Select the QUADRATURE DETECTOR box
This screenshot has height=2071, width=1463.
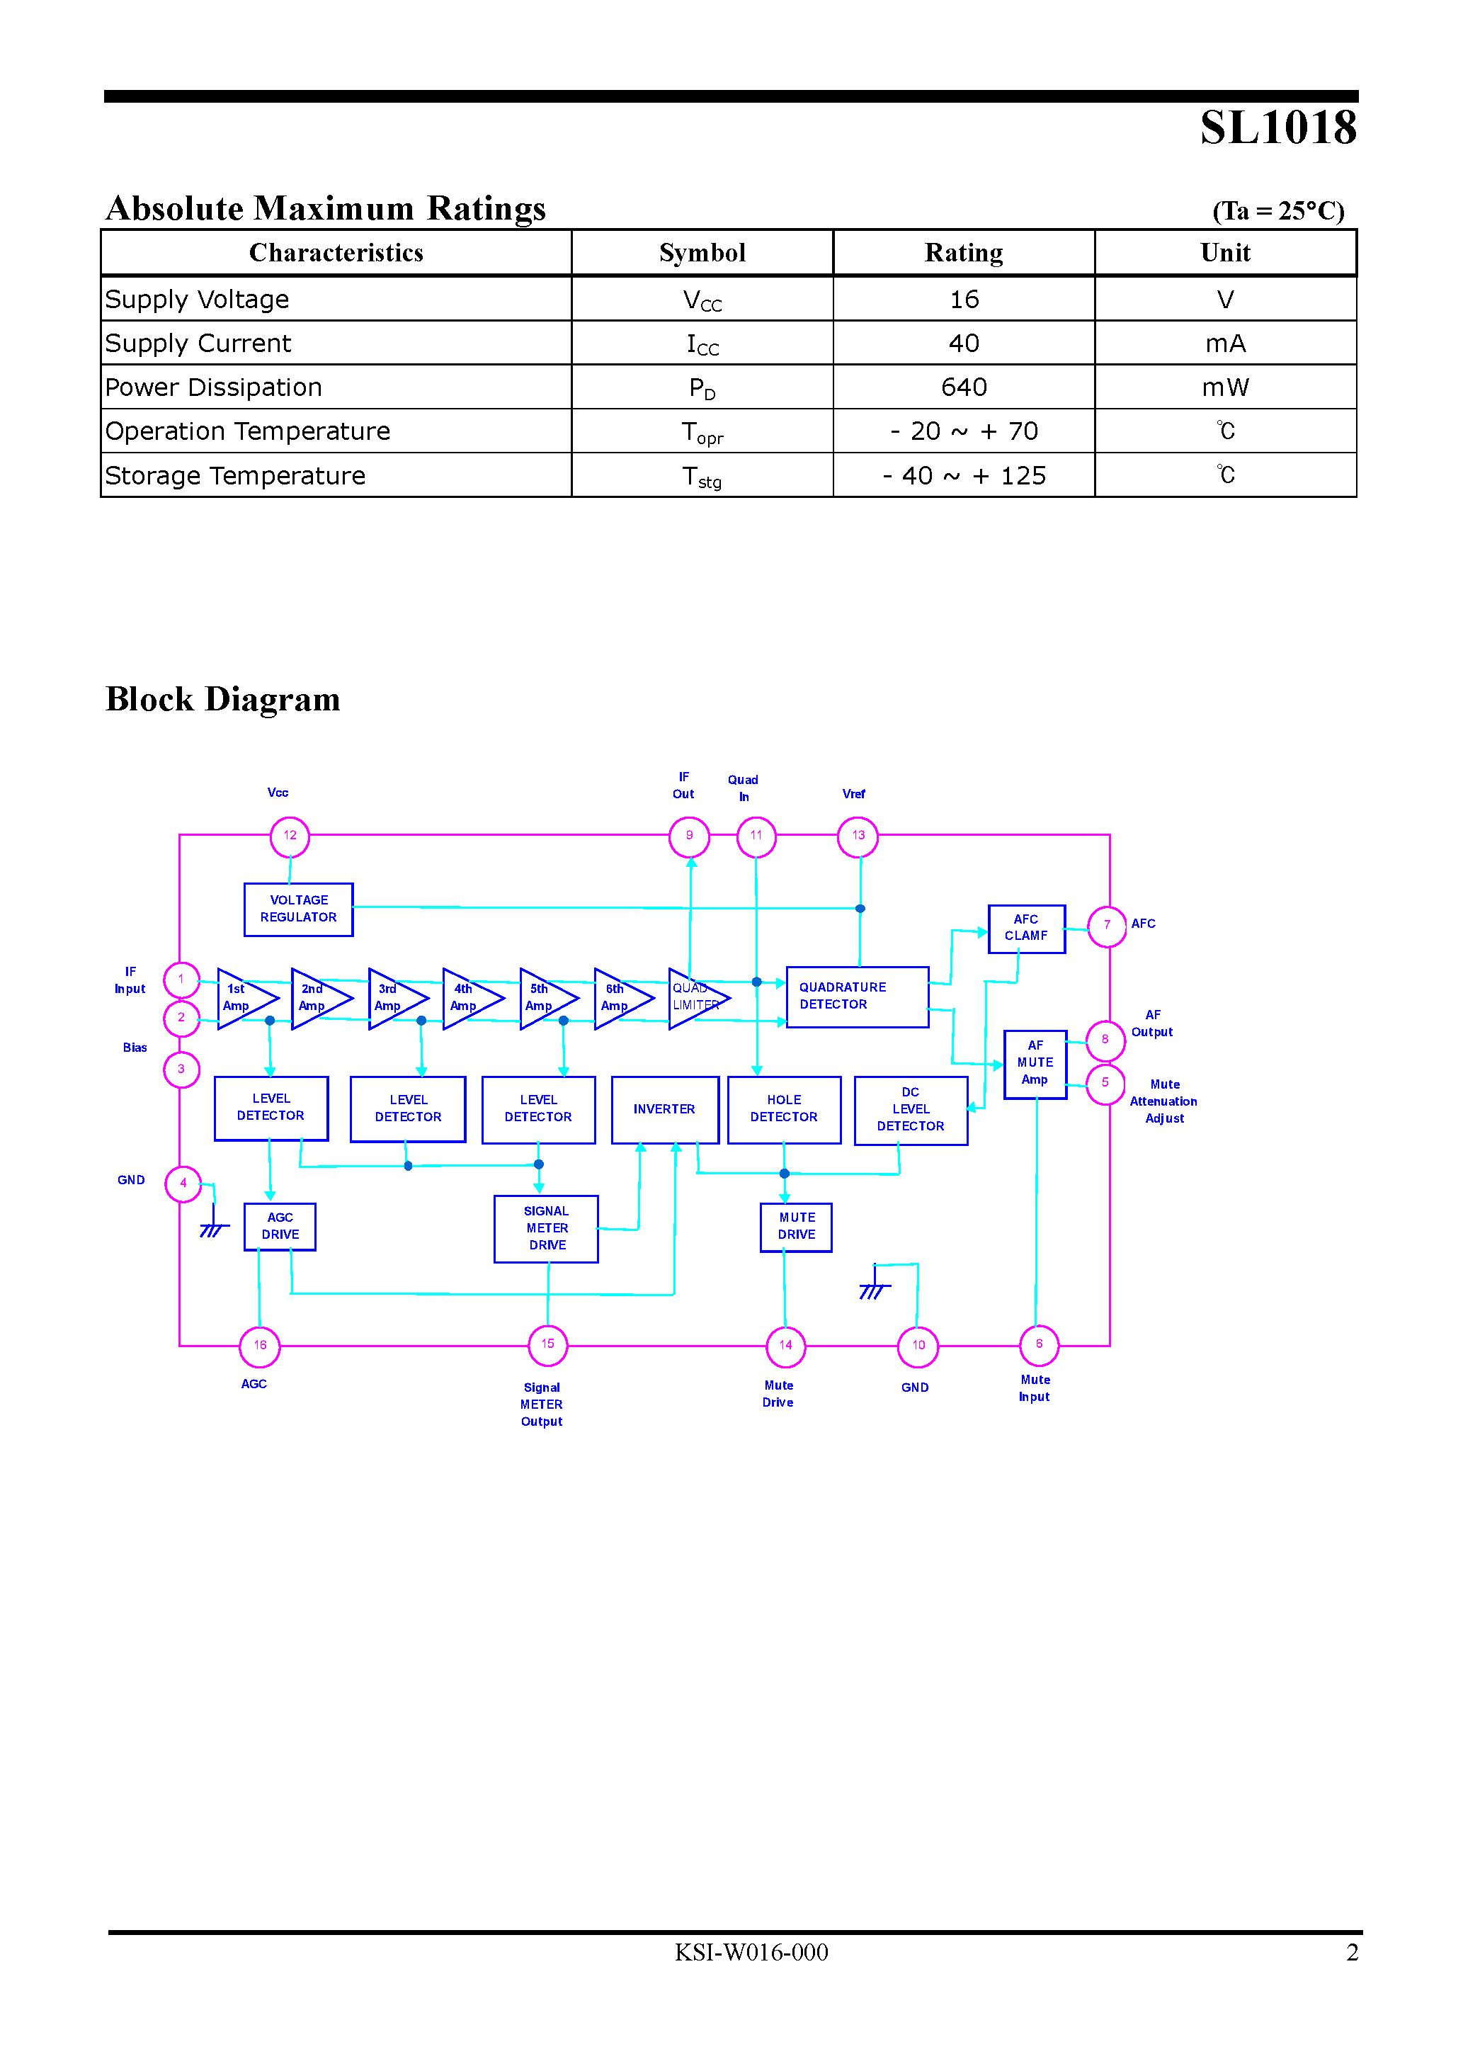pyautogui.click(x=857, y=997)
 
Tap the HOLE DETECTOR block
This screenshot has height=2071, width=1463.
pyautogui.click(x=784, y=1109)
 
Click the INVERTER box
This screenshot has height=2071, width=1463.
pyautogui.click(x=665, y=1109)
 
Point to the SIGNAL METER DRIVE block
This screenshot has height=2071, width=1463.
pyautogui.click(x=547, y=1229)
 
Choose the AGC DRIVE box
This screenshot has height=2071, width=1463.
pyautogui.click(x=280, y=1227)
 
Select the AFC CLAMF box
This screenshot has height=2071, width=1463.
pyautogui.click(x=1027, y=928)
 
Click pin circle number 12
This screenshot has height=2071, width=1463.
pyautogui.click(x=290, y=836)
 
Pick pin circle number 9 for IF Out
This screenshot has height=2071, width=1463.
pyautogui.click(x=689, y=836)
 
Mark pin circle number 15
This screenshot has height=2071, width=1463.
pyautogui.click(x=547, y=1345)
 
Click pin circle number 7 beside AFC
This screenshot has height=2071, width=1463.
pyautogui.click(x=1107, y=926)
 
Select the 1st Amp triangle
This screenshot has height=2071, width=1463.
pyautogui.click(x=241, y=999)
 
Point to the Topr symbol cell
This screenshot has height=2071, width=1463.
pyautogui.click(x=702, y=432)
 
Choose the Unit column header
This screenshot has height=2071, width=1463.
pyautogui.click(x=1225, y=253)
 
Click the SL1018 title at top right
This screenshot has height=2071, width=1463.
pyautogui.click(x=1277, y=128)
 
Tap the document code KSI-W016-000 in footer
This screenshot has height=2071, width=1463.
pyautogui.click(x=751, y=1953)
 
